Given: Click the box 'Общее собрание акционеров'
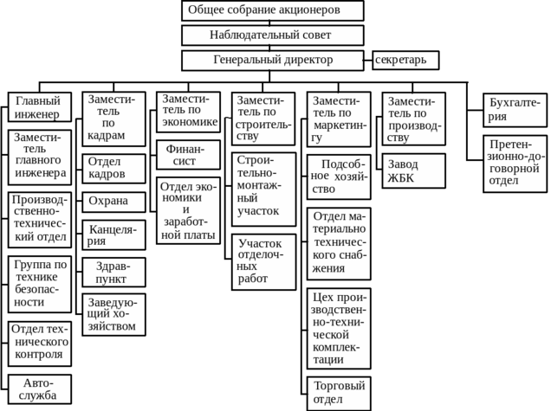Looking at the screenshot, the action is (272, 10).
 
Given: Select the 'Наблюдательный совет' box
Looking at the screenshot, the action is (272, 35).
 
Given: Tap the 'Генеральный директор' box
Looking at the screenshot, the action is (272, 61).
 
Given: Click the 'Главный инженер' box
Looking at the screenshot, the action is (39, 107).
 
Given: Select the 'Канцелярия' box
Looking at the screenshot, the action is (113, 235).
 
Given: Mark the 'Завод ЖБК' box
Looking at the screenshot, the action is (413, 170).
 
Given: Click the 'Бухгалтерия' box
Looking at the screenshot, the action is (515, 110).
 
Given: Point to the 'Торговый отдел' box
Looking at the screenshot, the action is (338, 393).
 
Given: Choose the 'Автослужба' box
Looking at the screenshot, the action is (39, 389).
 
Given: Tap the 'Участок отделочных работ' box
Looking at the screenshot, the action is (262, 261).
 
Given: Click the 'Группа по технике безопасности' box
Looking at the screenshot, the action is (39, 283).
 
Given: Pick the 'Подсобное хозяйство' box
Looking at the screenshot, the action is (338, 177).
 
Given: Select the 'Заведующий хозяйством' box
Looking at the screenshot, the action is (113, 314).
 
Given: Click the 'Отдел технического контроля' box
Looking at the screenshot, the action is (39, 342).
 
